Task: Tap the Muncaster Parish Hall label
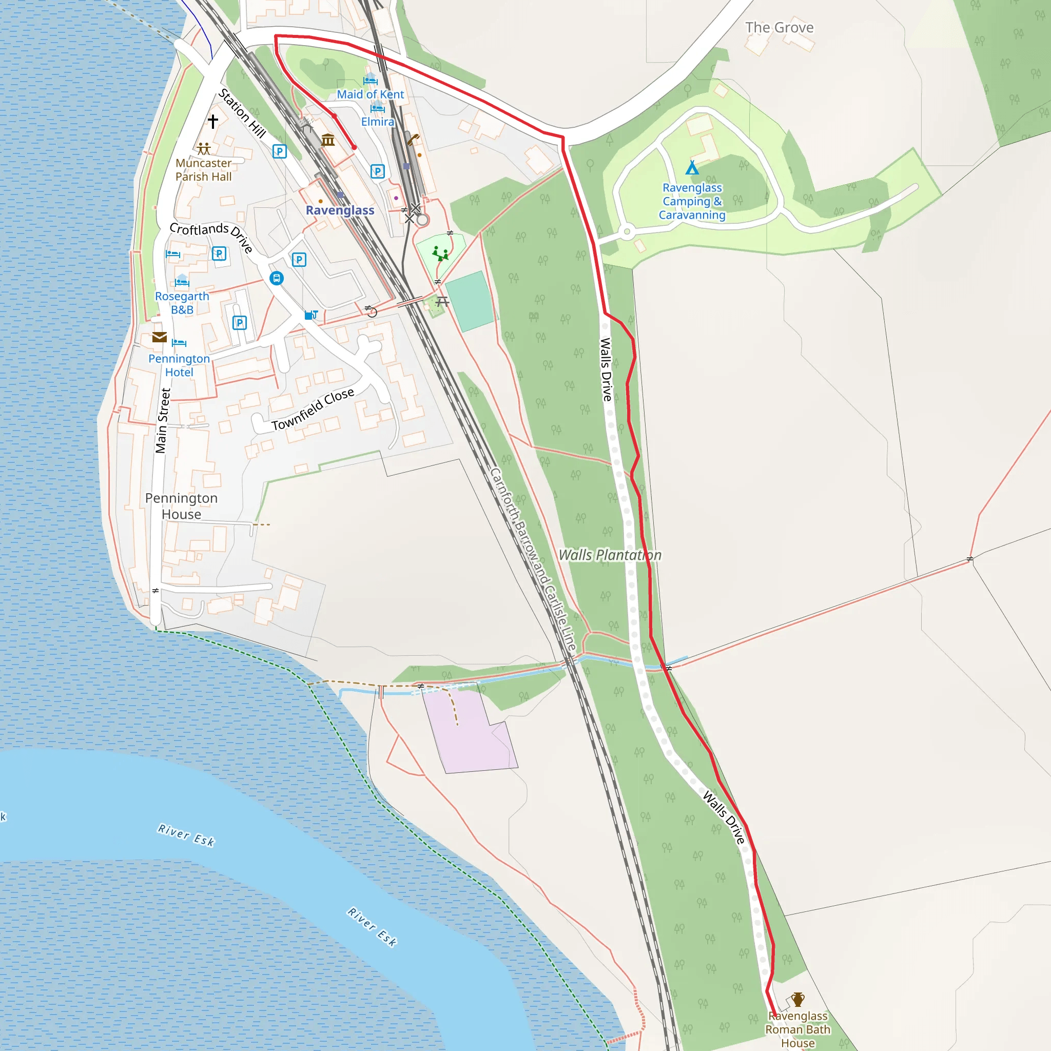[x=203, y=170]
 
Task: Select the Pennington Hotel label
[x=179, y=365]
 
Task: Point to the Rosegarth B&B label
[x=182, y=303]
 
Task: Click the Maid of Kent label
[x=370, y=94]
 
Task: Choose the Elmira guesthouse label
[x=378, y=122]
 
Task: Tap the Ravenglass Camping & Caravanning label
[x=692, y=201]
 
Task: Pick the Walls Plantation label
[x=610, y=555]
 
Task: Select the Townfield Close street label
[x=313, y=409]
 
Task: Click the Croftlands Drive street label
[x=211, y=236]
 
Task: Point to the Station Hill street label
[x=242, y=113]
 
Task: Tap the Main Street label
[x=163, y=420]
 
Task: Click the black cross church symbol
[x=212, y=121]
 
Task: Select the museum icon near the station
[x=328, y=140]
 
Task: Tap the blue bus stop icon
[x=277, y=279]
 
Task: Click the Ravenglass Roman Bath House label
[x=797, y=1029]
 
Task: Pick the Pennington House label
[x=181, y=506]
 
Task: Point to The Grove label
[x=779, y=28]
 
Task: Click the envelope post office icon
[x=160, y=337]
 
